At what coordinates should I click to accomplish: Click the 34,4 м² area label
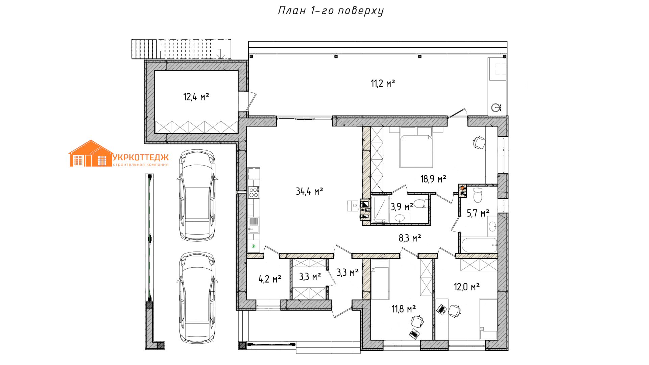[x=310, y=192]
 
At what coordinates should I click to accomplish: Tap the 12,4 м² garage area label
[x=196, y=97]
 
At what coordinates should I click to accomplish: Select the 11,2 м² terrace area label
[x=383, y=83]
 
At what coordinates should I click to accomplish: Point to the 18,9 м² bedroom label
[x=433, y=179]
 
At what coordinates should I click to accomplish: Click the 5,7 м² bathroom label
[x=478, y=213]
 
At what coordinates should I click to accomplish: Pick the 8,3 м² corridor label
[x=410, y=238]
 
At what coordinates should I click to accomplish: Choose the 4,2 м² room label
[x=270, y=279]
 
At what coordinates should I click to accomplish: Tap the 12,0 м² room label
[x=466, y=287]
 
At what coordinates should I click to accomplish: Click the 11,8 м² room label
[x=404, y=309]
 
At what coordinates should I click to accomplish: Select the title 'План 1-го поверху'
[x=331, y=11]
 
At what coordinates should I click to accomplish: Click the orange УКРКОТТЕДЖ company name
[x=140, y=157]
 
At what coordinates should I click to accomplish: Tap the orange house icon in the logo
[x=91, y=154]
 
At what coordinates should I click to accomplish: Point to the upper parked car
[x=197, y=195]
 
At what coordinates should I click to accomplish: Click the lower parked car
[x=197, y=297]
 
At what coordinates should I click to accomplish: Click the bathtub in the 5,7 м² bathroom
[x=479, y=245]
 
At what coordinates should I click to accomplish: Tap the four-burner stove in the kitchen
[x=254, y=193]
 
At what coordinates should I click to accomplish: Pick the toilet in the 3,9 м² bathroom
[x=421, y=204]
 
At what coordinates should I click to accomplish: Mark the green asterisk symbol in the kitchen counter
[x=254, y=246]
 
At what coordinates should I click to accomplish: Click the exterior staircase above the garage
[x=181, y=49]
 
